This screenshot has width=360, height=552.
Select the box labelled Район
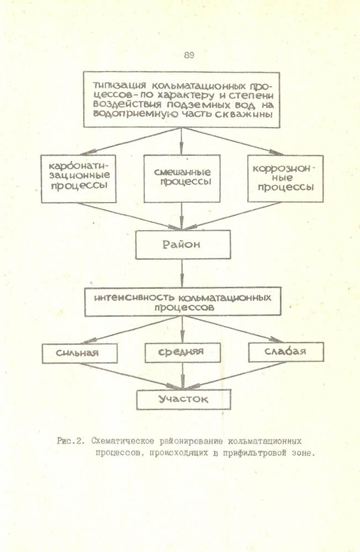(182, 244)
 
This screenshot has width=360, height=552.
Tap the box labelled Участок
(182, 399)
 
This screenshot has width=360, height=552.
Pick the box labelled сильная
(80, 353)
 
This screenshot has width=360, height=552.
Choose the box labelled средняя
(182, 352)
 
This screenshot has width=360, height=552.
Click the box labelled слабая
(285, 351)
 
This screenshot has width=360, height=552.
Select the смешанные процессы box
(182, 177)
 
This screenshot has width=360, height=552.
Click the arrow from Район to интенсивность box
(182, 273)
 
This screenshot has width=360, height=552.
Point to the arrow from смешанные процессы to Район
(182, 215)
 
